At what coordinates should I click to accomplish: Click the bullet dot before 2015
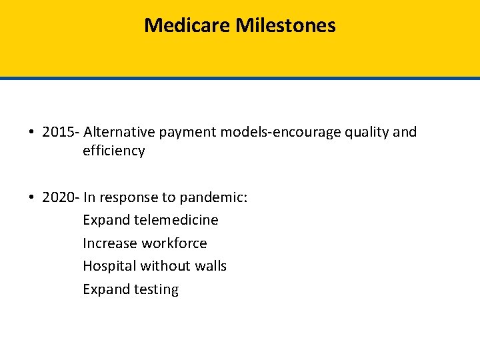tap(32, 133)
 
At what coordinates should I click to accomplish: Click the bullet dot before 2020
tap(32, 198)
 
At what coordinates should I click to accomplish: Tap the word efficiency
tap(113, 151)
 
